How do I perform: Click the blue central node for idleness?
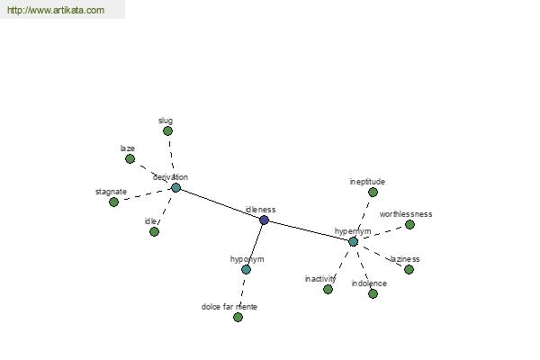coord(264,220)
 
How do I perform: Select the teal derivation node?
coord(176,188)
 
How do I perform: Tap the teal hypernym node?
coord(353,241)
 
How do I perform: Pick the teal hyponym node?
coord(246,269)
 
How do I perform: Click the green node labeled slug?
coord(167,130)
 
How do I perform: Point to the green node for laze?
coord(130,158)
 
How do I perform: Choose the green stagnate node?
coord(113,202)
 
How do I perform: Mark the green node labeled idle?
coord(154,231)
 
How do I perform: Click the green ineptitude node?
coord(373,192)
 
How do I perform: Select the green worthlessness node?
coord(409,225)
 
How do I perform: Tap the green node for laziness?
coord(409,269)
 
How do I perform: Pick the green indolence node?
coord(373,293)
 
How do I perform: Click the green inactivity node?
coord(328,289)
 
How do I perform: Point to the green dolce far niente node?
coord(238,317)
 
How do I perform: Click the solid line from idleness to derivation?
coord(220,204)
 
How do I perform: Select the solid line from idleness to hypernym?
coord(309,230)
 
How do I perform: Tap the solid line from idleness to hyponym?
coord(255,245)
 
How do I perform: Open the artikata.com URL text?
coord(56,10)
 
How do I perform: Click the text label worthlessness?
coord(406,214)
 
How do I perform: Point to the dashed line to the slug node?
coord(172,157)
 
